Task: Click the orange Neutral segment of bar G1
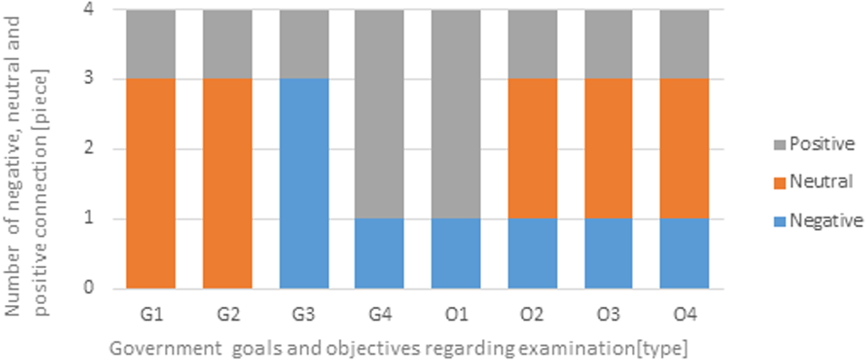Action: pyautogui.click(x=151, y=184)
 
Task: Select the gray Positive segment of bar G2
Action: pyautogui.click(x=227, y=44)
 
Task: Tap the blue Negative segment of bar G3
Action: pyautogui.click(x=304, y=184)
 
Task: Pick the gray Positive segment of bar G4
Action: pyautogui.click(x=379, y=114)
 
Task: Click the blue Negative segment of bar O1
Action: pyautogui.click(x=455, y=253)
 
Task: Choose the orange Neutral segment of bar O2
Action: pyautogui.click(x=532, y=149)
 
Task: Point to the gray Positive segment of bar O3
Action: pyautogui.click(x=609, y=44)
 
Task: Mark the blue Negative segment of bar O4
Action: pyautogui.click(x=684, y=253)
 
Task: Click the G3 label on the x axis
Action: pyautogui.click(x=304, y=315)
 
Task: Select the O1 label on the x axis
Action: pyautogui.click(x=455, y=315)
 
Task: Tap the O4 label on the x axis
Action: pyautogui.click(x=684, y=315)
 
